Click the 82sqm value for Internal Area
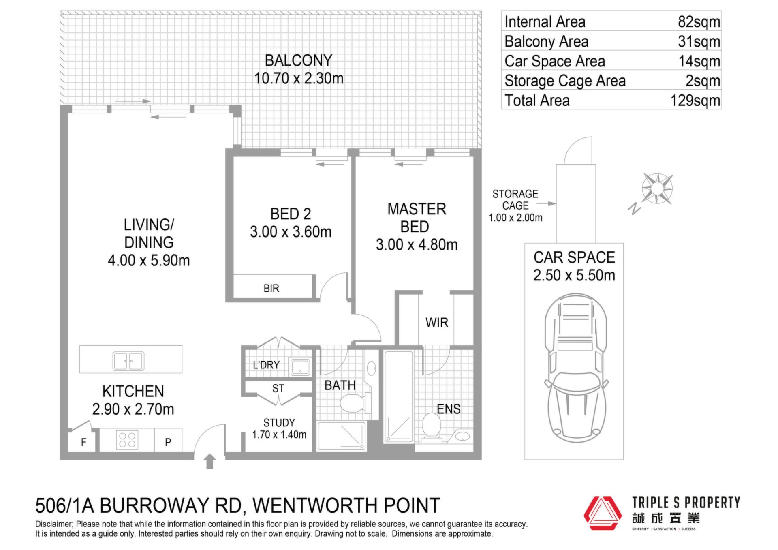click(x=699, y=22)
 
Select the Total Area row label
click(x=537, y=101)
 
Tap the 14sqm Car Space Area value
click(x=699, y=61)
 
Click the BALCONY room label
click(x=299, y=61)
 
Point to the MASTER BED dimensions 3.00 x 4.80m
click(x=417, y=245)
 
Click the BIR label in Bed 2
click(x=271, y=289)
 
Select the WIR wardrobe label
click(x=437, y=323)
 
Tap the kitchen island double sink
click(x=128, y=361)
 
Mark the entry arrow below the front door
click(x=209, y=461)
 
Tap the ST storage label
click(x=278, y=389)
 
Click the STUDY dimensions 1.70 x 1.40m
click(x=279, y=435)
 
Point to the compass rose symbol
click(x=657, y=188)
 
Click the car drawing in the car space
click(x=575, y=369)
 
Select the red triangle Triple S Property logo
click(x=603, y=513)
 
